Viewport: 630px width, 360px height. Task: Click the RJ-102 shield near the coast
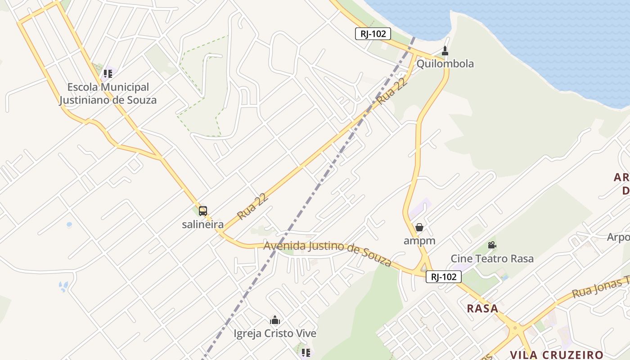(x=373, y=34)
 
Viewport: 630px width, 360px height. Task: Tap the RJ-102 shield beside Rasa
(x=443, y=277)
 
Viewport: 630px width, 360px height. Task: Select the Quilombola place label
(x=445, y=63)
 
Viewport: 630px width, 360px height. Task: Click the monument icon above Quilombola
(x=445, y=51)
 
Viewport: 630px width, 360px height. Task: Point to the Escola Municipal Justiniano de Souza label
(x=108, y=94)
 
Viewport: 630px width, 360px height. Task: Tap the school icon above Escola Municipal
(x=108, y=73)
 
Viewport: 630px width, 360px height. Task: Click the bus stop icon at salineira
(x=203, y=211)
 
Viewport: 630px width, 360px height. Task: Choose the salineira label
(x=202, y=224)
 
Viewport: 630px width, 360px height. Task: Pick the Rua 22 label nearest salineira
(x=253, y=207)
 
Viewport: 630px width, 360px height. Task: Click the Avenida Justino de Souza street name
(x=327, y=253)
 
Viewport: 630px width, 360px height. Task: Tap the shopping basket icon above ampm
(x=419, y=227)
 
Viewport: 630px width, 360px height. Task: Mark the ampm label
(x=419, y=240)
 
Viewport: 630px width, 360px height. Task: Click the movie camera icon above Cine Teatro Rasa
(x=492, y=245)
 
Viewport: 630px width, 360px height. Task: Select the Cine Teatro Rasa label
(x=492, y=259)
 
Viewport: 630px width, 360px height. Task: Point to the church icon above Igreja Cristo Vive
(x=275, y=320)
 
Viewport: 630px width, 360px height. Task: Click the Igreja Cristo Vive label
(x=274, y=333)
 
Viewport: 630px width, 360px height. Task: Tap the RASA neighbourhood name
(x=482, y=309)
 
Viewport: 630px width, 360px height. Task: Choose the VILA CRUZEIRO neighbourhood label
(x=556, y=355)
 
